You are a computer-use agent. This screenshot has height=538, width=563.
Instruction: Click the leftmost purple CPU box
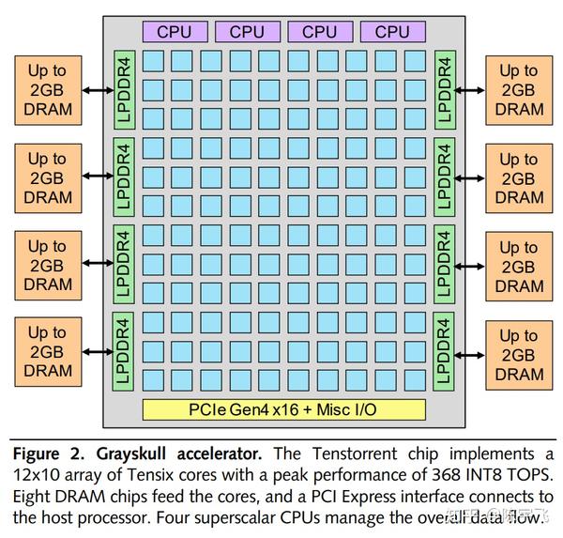pos(175,32)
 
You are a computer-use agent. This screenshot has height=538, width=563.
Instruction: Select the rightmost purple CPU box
pos(393,32)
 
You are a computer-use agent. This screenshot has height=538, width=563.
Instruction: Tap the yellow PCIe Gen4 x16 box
pos(284,409)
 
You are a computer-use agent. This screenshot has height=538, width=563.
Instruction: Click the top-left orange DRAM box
pos(48,90)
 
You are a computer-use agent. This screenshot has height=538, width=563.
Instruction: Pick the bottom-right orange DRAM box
pos(519,356)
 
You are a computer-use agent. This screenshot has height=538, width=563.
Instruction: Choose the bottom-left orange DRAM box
pos(48,352)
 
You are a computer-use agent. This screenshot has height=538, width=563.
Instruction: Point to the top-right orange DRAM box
pos(519,90)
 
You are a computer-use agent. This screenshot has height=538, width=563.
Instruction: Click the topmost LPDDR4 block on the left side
pos(124,90)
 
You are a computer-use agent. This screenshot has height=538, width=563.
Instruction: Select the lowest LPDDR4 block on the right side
pos(444,351)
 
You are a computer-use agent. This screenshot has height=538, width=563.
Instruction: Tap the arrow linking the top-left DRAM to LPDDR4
pos(98,90)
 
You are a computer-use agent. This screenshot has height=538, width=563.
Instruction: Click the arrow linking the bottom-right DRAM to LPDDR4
pos(470,356)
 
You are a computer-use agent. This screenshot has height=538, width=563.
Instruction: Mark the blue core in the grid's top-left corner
pos(153,61)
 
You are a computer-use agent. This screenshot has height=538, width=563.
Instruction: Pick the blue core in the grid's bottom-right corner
pos(415,380)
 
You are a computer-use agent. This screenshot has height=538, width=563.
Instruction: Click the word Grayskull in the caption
pos(131,453)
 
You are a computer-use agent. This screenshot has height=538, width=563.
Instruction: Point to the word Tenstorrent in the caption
pos(355,453)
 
